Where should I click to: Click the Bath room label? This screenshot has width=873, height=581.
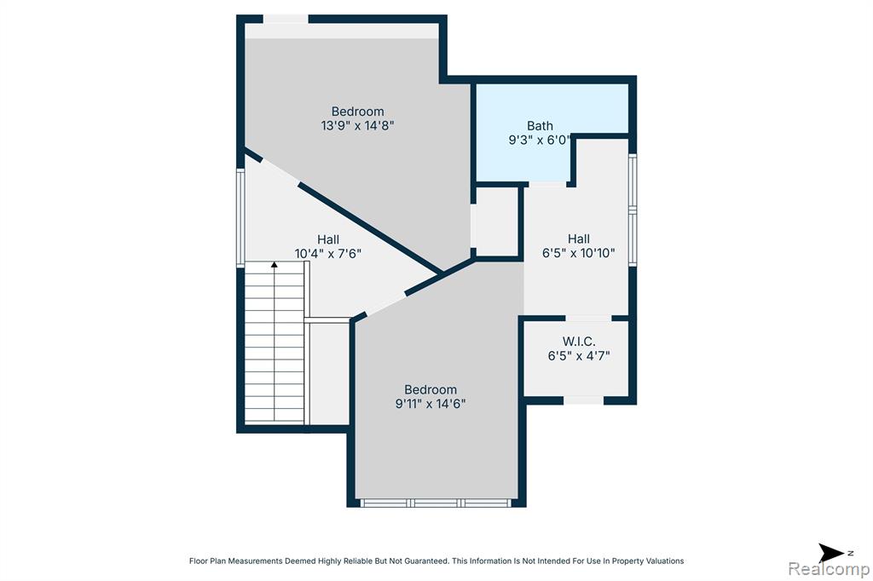(540, 126)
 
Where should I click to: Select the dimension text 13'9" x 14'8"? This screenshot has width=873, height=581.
(357, 126)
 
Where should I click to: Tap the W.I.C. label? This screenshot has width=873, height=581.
(579, 342)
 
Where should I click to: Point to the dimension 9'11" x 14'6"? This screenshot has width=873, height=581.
(431, 404)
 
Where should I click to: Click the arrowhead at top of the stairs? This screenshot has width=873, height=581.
(274, 264)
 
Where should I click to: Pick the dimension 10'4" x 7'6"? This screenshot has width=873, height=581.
(328, 254)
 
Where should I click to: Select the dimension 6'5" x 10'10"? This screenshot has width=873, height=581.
(579, 253)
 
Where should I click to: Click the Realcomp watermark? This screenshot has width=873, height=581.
(829, 569)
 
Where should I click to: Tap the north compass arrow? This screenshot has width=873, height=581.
(831, 553)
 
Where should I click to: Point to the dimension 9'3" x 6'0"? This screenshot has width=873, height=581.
(539, 140)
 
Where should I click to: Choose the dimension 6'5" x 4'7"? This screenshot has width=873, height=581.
(579, 355)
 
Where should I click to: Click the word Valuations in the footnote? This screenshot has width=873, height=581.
(665, 561)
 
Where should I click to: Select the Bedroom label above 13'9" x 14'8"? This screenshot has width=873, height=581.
(357, 112)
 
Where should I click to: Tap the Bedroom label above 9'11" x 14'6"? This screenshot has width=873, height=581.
(431, 389)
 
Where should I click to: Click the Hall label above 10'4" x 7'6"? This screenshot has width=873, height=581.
(328, 239)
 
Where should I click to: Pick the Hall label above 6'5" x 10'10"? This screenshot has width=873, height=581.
(579, 239)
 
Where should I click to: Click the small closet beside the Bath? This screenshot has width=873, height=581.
(497, 222)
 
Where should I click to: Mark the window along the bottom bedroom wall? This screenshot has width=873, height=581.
(436, 503)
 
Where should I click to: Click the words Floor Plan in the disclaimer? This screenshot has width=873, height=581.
(208, 561)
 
